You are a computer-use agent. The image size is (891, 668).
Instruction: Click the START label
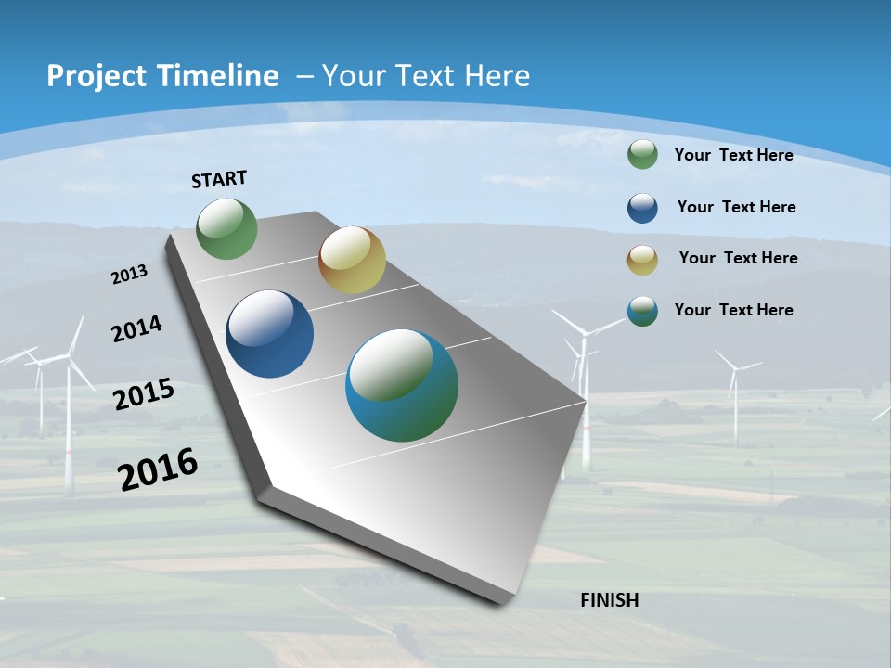click(219, 179)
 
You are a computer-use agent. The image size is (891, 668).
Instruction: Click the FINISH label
click(609, 600)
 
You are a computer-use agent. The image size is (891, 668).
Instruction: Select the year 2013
click(129, 275)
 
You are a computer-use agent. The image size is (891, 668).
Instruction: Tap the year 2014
click(136, 328)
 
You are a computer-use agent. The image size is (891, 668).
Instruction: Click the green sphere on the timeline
click(226, 229)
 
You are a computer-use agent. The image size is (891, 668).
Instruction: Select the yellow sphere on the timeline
click(352, 260)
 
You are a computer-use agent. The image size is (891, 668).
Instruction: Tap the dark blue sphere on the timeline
click(269, 334)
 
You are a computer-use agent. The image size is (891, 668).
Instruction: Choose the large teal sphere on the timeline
click(402, 385)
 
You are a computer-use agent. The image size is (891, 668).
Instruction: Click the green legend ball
click(642, 154)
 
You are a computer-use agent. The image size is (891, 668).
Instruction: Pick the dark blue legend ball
click(642, 208)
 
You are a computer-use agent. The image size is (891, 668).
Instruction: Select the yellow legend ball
click(642, 260)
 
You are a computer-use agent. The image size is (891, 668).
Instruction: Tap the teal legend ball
click(642, 311)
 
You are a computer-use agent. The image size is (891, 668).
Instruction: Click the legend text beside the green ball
click(733, 155)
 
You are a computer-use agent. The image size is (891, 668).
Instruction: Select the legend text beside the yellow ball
click(738, 258)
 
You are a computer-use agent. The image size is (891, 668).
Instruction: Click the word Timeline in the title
click(217, 76)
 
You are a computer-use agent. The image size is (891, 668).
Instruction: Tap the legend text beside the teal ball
click(733, 310)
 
